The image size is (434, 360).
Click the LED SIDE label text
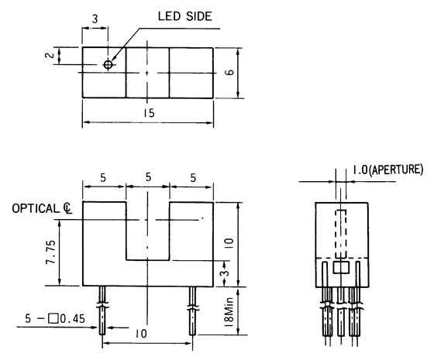[185, 15]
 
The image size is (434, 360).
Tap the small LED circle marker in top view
[108, 64]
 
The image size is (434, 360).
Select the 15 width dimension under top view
[148, 113]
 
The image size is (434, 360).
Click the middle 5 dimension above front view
[147, 177]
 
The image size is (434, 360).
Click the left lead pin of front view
[103, 310]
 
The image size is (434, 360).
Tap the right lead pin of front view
[191, 310]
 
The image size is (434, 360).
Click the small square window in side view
[340, 267]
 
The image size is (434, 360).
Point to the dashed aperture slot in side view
[339, 231]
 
